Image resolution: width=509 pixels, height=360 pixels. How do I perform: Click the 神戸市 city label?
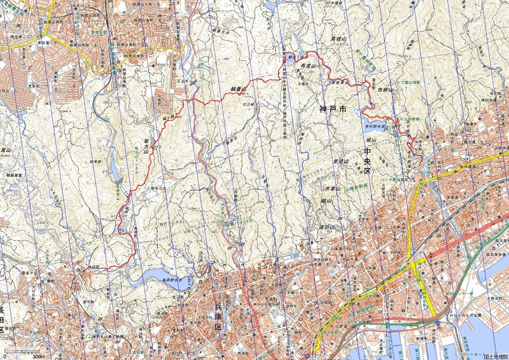point(333,109)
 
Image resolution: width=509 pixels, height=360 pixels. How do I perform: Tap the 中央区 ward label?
point(367,158)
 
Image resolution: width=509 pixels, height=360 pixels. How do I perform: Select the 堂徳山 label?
point(338,162)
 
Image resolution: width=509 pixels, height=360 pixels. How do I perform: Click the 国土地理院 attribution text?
point(495,356)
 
